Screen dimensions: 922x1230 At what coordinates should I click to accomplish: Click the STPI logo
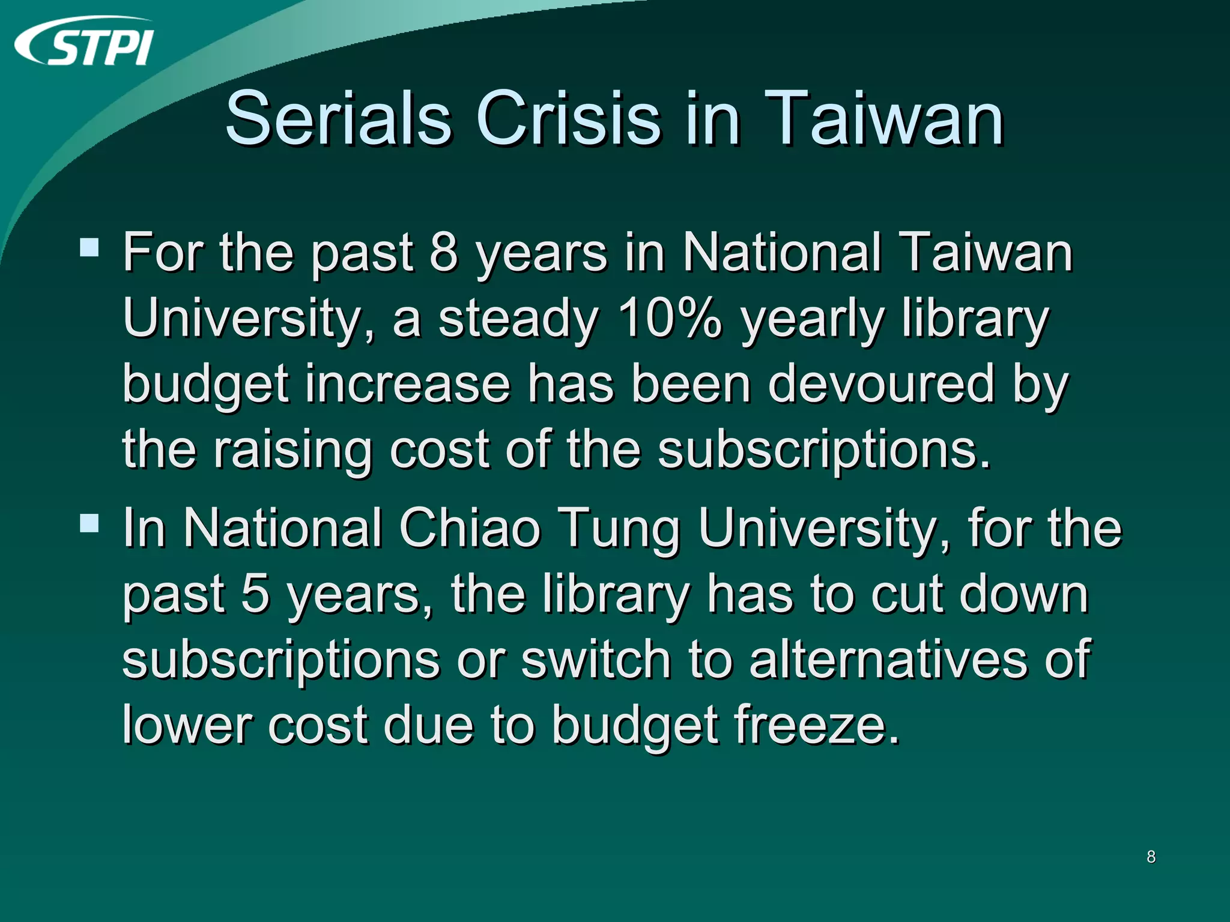click(x=84, y=42)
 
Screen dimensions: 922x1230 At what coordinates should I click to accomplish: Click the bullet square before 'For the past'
click(x=89, y=247)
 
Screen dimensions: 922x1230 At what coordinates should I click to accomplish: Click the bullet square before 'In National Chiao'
click(x=89, y=523)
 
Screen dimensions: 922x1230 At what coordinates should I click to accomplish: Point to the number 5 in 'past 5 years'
click(x=255, y=594)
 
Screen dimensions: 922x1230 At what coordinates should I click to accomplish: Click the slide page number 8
click(x=1151, y=857)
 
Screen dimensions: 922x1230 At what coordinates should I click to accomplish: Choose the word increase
click(x=408, y=384)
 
